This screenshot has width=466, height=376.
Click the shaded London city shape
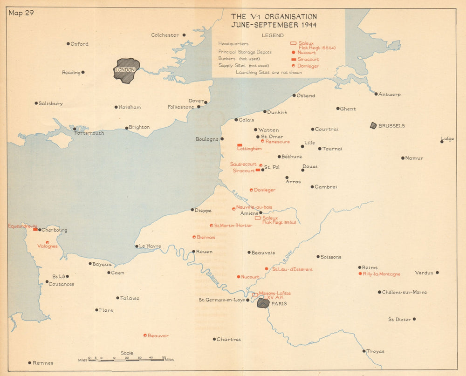(126, 70)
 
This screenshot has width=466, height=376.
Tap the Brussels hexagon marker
(373, 126)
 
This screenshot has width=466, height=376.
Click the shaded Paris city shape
(263, 303)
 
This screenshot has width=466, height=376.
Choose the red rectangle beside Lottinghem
(240, 145)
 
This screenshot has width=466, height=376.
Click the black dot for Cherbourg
(40, 230)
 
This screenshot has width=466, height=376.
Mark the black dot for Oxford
(68, 44)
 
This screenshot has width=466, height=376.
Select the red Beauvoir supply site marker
(145, 335)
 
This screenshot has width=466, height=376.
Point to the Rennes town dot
(29, 362)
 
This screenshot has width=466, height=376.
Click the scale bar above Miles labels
(126, 360)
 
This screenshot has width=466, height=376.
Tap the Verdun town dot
(437, 273)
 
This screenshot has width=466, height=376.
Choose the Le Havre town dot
(137, 246)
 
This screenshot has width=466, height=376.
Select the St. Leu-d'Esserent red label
(292, 269)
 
